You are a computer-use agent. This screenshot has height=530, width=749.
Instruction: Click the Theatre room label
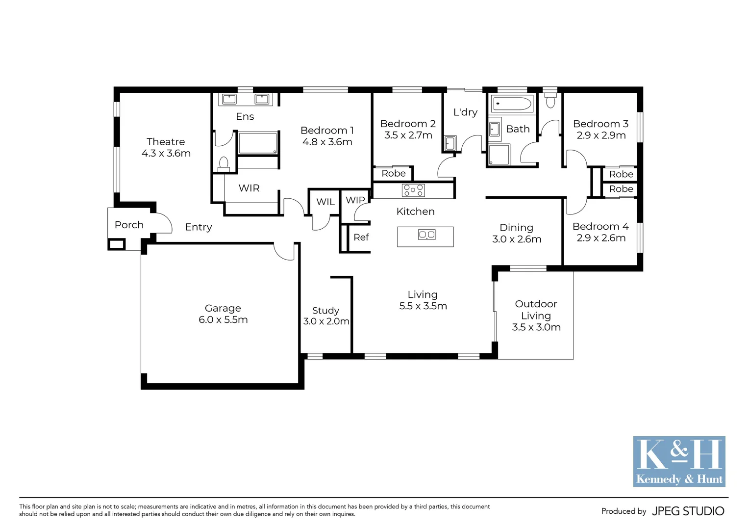[166, 142]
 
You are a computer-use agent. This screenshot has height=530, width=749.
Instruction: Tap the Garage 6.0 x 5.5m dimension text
[223, 320]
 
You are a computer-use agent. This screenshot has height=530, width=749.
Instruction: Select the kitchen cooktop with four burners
[413, 190]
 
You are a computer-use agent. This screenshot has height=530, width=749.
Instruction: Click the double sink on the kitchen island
[426, 235]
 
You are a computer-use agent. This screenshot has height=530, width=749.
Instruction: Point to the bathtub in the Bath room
[512, 104]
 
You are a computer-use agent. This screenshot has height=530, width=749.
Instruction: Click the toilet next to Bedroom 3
[550, 101]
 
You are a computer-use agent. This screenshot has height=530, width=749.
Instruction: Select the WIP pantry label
[355, 200]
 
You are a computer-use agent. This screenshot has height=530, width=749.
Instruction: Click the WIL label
[325, 202]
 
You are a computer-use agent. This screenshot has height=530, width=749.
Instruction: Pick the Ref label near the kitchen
[361, 238]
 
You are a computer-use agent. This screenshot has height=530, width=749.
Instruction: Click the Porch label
[129, 225]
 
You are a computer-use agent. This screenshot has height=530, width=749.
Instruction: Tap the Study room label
[325, 311]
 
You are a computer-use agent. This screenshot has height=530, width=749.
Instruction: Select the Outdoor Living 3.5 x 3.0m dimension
[536, 327]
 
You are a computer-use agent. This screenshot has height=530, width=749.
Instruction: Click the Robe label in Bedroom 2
[394, 173]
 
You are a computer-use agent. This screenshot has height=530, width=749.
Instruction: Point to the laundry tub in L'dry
[449, 143]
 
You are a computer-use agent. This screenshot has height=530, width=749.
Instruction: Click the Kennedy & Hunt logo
[679, 461]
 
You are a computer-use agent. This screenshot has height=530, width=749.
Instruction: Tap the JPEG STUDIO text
[688, 511]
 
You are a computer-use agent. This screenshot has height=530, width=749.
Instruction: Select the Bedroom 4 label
[600, 226]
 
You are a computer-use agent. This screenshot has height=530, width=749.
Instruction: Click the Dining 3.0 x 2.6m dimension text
[517, 239]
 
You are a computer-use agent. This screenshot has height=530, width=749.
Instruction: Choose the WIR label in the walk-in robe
[249, 188]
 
